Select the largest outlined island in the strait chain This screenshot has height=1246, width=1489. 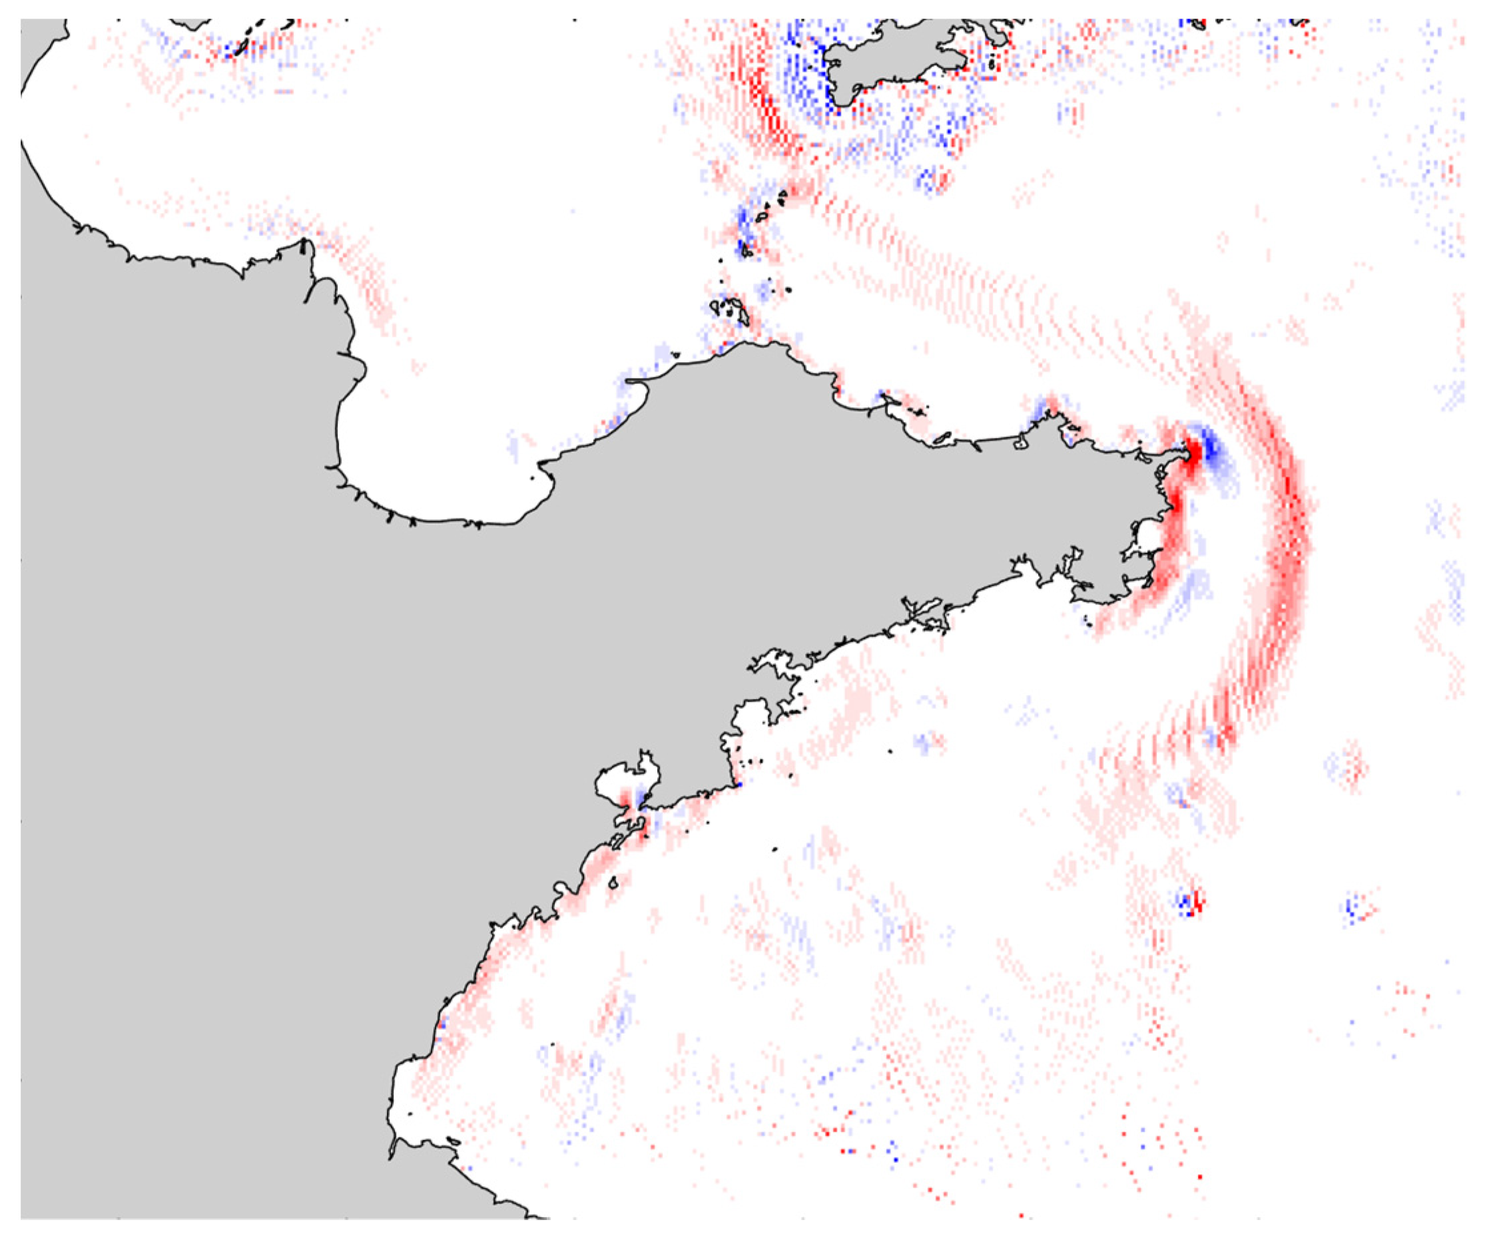pos(731,309)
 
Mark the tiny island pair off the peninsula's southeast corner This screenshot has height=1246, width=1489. pos(1088,622)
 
